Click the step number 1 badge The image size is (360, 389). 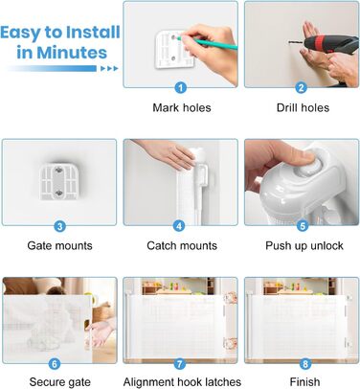tap(181, 87)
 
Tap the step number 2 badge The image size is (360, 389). tap(302, 87)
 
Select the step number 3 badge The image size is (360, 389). tap(59, 226)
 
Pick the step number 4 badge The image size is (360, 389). tap(179, 226)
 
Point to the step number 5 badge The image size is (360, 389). tap(303, 226)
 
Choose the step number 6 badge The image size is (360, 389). tap(55, 364)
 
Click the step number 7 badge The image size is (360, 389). tap(180, 364)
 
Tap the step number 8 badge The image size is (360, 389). tap(305, 364)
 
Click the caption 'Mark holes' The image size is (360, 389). tap(182, 107)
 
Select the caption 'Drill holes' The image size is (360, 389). tap(303, 107)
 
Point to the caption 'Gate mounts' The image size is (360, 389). tap(59, 245)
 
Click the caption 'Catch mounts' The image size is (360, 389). tap(182, 245)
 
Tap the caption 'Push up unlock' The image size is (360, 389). tap(304, 246)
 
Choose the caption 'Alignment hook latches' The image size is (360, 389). tap(182, 382)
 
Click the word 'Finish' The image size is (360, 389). tap(304, 382)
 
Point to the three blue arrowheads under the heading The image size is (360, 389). tap(109, 68)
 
